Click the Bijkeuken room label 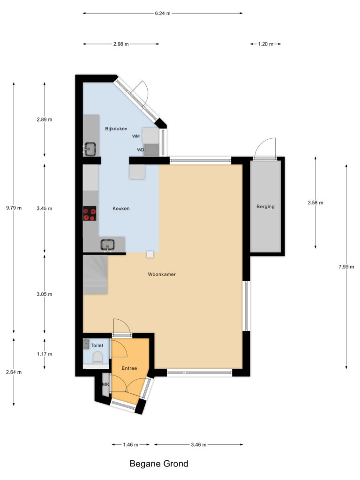116,128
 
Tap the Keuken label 121,209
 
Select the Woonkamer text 161,275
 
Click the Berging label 265,206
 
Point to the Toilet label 97,345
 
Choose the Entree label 129,368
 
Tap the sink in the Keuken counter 107,245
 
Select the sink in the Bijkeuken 90,149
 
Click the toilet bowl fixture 97,358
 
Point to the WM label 136,136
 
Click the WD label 140,150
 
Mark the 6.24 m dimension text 163,14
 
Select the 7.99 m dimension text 346,267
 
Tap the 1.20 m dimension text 265,44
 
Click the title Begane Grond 159,464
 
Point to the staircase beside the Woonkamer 96,274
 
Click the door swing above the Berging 266,148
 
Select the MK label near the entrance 106,385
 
